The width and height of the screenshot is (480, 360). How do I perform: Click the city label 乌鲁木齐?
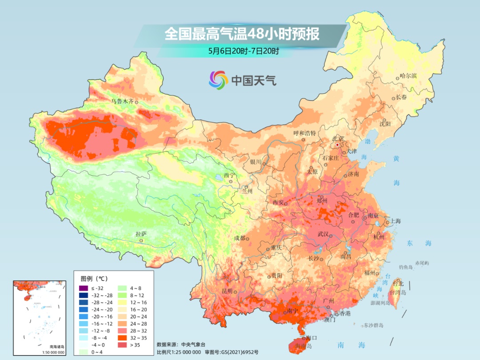(122, 101)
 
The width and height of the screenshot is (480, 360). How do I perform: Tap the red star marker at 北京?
(337, 145)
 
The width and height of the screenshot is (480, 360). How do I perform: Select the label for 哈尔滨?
(408, 76)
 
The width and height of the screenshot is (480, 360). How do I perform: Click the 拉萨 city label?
(141, 234)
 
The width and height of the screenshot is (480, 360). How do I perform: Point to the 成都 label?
(239, 238)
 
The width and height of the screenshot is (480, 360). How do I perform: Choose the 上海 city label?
(395, 221)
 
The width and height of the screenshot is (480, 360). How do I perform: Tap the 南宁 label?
(292, 311)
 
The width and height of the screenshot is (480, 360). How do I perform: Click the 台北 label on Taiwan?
(397, 283)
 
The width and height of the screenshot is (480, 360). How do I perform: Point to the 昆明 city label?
(227, 291)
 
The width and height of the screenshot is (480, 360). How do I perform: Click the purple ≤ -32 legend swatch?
(83, 289)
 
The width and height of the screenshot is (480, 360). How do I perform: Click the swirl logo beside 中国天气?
(219, 80)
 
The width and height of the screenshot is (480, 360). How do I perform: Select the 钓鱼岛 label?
(406, 267)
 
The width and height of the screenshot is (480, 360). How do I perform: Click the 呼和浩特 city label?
(304, 133)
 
